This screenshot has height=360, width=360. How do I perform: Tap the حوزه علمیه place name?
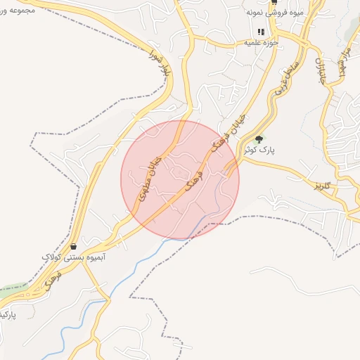261,43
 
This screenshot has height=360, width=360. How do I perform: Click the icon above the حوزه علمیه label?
261,32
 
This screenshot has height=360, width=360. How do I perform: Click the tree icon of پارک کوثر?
259,139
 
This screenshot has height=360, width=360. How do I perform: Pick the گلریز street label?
323,186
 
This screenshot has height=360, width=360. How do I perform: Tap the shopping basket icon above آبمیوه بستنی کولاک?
74,246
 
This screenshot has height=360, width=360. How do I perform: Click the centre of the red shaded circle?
180,179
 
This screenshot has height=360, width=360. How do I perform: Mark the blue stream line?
134,278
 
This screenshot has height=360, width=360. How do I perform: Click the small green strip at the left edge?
11,289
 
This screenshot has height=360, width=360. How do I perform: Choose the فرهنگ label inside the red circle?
193,182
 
